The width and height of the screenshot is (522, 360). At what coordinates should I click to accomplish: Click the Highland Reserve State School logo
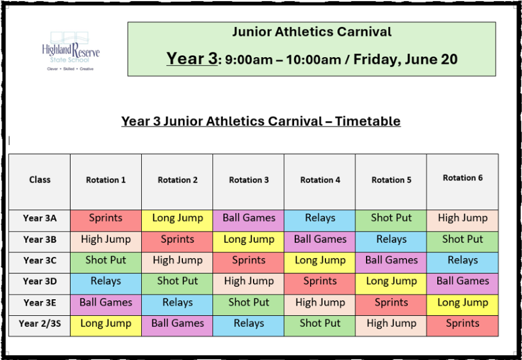71,51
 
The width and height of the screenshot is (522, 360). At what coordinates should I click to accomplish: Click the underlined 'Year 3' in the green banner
192,58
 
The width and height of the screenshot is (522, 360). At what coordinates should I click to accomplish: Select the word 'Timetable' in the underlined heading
367,121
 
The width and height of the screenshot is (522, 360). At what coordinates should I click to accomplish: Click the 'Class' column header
40,180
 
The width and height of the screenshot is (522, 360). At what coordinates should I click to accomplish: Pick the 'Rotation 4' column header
320,180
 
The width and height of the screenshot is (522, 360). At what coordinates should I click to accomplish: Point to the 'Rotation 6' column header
462,178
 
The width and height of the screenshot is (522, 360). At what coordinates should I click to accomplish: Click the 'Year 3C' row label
40,260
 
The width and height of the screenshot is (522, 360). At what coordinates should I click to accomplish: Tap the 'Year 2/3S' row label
40,323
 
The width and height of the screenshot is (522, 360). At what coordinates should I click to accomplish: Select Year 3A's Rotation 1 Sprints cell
106,221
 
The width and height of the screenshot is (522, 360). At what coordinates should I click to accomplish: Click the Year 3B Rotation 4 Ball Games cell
319,242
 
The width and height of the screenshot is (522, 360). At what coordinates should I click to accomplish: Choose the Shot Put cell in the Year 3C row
106,263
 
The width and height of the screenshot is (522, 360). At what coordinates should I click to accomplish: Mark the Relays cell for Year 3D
106,284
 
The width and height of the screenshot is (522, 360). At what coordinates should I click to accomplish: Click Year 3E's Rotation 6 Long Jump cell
462,305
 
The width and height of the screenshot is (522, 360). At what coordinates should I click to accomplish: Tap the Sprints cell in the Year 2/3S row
462,326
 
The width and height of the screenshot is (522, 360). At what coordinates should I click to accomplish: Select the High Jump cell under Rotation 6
462,221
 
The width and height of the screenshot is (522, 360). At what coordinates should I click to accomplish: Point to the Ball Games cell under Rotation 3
248,221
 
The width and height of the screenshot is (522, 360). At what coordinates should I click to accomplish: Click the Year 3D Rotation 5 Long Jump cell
391,284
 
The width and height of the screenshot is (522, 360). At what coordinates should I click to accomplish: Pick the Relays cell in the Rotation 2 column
177,305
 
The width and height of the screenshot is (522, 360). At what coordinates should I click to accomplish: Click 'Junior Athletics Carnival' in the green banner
312,32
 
